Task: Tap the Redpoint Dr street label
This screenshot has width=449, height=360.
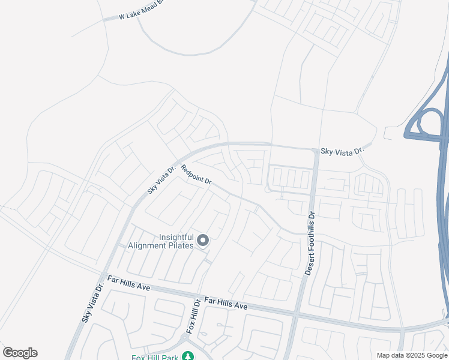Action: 196,175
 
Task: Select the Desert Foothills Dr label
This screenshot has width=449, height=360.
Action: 309,243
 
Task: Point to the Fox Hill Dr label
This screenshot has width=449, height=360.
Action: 191,316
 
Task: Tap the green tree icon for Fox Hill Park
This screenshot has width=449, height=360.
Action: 188,356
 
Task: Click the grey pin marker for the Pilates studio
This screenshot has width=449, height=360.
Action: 203,241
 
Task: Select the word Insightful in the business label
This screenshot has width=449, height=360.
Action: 176,238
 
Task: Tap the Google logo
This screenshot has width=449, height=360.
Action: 20,353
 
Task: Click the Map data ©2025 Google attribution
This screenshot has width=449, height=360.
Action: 412,355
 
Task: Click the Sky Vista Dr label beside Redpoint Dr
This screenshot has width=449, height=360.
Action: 161,180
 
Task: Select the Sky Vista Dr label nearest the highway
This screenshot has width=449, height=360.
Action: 342,152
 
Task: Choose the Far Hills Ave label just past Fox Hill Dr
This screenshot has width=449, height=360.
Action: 226,303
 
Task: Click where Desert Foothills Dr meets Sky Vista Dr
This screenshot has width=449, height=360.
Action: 316,149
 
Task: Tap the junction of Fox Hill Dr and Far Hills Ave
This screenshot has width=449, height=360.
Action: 197,295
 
